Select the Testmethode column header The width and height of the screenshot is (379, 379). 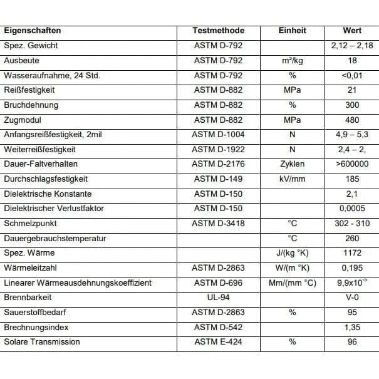[x=218, y=31]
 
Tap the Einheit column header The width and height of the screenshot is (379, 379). [x=292, y=31]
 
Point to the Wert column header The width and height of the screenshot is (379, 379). [x=352, y=31]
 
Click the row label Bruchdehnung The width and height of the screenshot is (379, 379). [x=31, y=105]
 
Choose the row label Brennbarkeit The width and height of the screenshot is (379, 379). [x=28, y=298]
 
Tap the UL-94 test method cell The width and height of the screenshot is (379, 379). [x=218, y=298]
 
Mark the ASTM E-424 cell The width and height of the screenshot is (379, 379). [x=218, y=342]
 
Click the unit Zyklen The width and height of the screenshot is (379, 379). [x=292, y=164]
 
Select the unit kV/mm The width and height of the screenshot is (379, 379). [x=292, y=179]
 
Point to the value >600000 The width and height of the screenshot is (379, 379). [x=352, y=164]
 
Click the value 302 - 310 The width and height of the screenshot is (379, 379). [x=352, y=224]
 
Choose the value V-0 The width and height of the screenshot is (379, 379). [x=352, y=298]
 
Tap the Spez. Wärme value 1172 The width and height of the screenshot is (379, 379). [x=352, y=253]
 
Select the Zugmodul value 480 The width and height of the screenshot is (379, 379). [x=352, y=120]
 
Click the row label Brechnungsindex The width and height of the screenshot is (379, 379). [x=36, y=327]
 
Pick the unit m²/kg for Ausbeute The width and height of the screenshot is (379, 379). [x=292, y=61]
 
